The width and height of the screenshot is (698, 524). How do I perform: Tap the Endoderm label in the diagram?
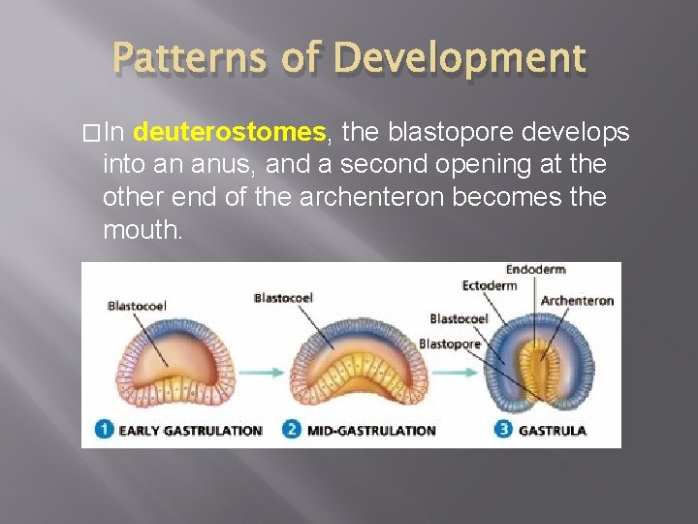click(535, 269)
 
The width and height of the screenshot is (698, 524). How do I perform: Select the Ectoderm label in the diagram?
click(490, 285)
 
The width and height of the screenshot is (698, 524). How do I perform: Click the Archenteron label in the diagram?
click(577, 301)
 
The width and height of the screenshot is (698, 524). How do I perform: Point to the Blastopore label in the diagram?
click(449, 344)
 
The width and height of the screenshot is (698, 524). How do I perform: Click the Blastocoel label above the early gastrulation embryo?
click(137, 306)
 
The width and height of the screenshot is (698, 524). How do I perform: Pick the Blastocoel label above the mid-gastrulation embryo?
click(283, 298)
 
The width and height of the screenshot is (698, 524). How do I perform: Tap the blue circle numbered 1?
click(104, 429)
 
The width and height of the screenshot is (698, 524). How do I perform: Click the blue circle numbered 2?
click(292, 429)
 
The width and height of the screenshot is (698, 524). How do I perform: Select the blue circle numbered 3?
click(502, 429)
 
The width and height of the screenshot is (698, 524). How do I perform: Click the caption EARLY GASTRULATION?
click(190, 430)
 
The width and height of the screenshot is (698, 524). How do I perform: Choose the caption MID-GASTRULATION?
click(371, 430)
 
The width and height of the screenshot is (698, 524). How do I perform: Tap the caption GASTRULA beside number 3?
click(553, 430)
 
